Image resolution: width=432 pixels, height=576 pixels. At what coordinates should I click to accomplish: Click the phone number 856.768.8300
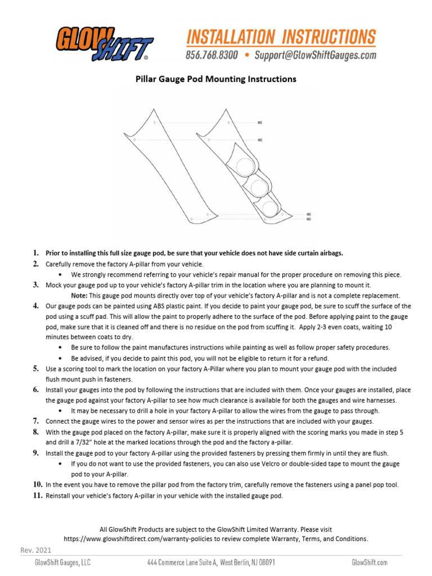coord(211,55)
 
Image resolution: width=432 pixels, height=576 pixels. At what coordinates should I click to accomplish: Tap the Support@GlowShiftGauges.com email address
coord(315,55)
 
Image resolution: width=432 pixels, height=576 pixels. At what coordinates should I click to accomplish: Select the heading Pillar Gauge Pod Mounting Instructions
coord(216,79)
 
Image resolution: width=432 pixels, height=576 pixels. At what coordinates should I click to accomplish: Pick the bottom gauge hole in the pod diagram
coord(271,209)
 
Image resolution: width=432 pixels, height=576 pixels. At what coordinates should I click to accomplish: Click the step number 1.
coord(35,253)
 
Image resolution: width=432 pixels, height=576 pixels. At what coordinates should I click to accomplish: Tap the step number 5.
coord(35,369)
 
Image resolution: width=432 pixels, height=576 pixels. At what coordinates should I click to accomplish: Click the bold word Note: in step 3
coord(79,295)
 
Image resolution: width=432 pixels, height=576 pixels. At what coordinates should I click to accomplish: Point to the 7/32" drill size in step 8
coord(81,443)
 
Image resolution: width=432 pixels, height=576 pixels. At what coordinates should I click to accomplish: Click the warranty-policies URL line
coord(216,539)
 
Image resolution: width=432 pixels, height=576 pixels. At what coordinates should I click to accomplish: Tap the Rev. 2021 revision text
coord(36,550)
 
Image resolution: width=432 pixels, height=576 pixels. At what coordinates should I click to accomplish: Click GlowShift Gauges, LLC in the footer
coord(63,562)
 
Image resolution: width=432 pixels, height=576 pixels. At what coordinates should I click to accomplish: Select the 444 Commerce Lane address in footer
coord(211,562)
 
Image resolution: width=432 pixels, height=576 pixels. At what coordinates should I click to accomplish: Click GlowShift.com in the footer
coord(370,562)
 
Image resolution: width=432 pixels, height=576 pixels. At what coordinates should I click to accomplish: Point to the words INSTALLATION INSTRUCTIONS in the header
coord(281,37)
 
